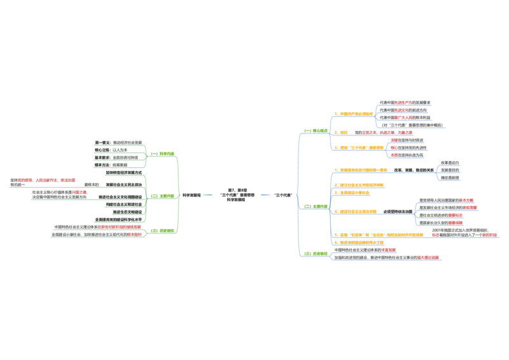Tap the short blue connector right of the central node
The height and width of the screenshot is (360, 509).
pos(265,195)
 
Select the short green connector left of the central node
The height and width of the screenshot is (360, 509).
pos(208,195)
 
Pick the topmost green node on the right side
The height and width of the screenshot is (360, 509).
pos(314,130)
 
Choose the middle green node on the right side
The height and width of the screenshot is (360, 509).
pos(314,206)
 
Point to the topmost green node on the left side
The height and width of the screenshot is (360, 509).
pos(162,154)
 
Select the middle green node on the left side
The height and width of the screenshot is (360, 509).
pos(162,196)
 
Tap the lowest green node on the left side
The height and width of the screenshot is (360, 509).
pos(162,230)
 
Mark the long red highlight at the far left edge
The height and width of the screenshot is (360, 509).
pos(46,181)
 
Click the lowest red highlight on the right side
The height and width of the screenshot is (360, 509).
pos(429,257)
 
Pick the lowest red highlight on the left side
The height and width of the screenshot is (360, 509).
pos(135,234)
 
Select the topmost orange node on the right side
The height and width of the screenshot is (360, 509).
pos(354,114)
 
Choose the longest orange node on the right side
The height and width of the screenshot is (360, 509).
pos(379,235)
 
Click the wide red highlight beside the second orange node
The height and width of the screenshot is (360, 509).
pos(387,132)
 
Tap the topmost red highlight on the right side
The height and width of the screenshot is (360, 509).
pos(403,102)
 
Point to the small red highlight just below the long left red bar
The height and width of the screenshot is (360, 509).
pos(79,191)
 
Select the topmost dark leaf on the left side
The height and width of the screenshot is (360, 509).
pos(117,141)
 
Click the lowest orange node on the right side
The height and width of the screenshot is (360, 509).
pos(359,242)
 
